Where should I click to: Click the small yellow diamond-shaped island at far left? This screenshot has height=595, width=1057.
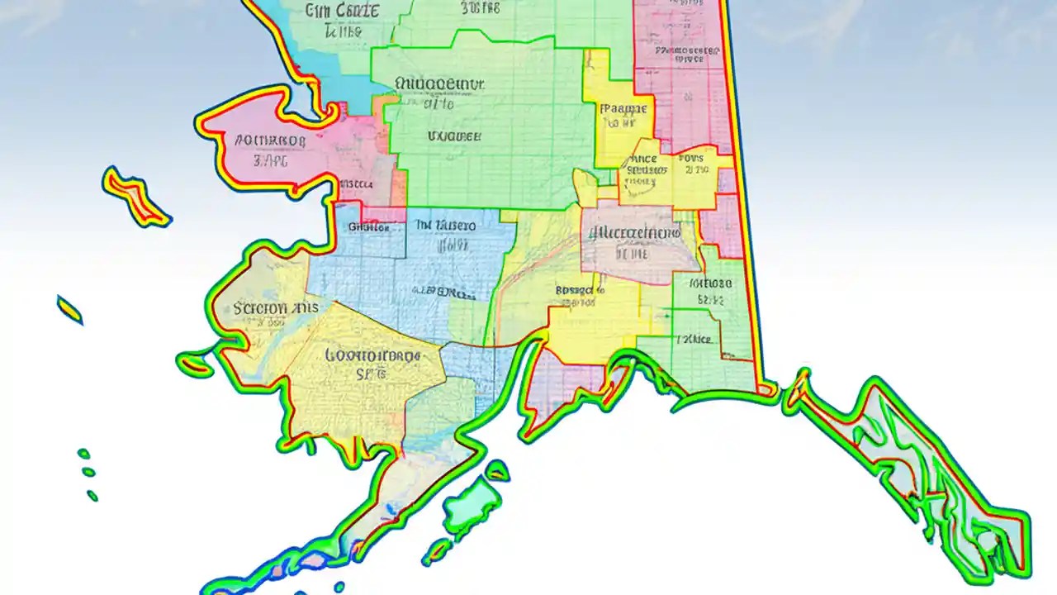tap(70, 310)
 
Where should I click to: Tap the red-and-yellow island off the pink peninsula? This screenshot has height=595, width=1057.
tap(136, 197)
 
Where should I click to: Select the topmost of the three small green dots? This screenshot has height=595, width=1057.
tap(83, 454)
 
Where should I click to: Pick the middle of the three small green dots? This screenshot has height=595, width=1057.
tap(88, 472)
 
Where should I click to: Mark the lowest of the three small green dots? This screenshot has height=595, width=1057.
tap(92, 496)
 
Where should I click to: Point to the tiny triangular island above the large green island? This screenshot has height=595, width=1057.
tap(497, 471)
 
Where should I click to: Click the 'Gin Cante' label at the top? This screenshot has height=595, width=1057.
tap(342, 11)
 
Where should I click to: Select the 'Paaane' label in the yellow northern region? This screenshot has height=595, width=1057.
tap(626, 107)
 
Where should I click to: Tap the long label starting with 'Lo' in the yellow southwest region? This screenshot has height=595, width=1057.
tap(373, 356)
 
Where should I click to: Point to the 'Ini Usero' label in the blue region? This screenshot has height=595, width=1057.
tap(445, 225)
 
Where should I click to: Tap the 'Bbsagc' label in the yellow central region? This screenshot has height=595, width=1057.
tap(580, 290)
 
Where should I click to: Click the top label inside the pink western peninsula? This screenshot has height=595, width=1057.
tap(270, 140)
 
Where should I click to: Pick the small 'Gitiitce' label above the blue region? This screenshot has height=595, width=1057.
tap(368, 226)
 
